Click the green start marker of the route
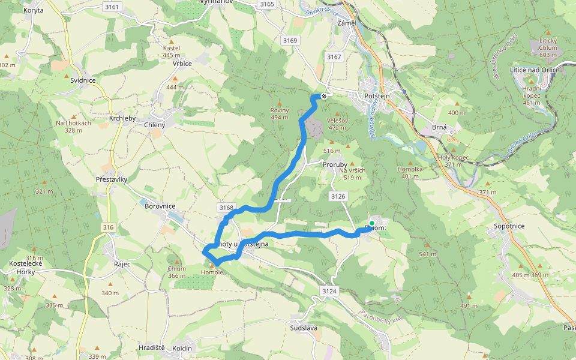pyautogui.click(x=371, y=223)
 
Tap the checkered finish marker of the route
pyautogui.click(x=324, y=95)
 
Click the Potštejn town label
pyautogui.click(x=377, y=96)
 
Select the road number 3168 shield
pyautogui.click(x=226, y=208)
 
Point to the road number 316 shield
pyautogui.click(x=108, y=227)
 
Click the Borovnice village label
pyautogui.click(x=160, y=206)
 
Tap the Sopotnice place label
pyautogui.click(x=509, y=226)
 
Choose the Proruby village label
pyautogui.click(x=335, y=164)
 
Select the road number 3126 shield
pyautogui.click(x=338, y=196)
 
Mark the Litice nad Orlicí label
pyautogui.click(x=533, y=70)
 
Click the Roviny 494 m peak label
pyautogui.click(x=280, y=113)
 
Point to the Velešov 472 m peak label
pyautogui.click(x=338, y=124)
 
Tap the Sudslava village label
pyautogui.click(x=303, y=329)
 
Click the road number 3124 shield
pyautogui.click(x=329, y=291)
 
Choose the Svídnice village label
pyautogui.click(x=83, y=80)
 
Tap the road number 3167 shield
pyautogui.click(x=334, y=56)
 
